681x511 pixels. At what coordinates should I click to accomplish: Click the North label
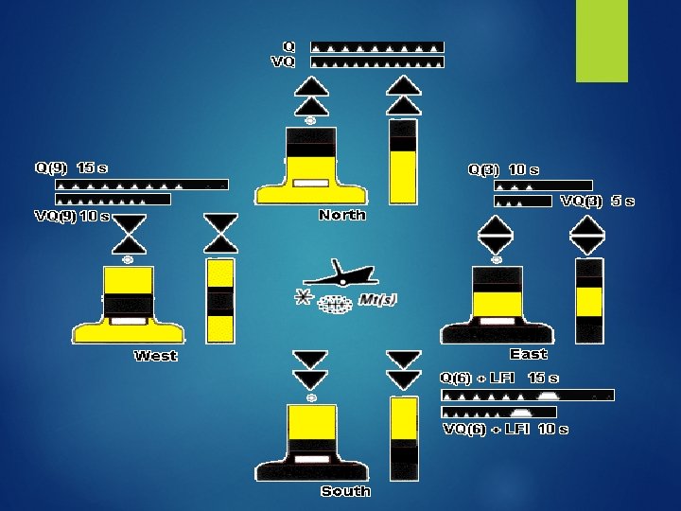point(342,216)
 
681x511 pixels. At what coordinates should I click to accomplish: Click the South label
point(345,491)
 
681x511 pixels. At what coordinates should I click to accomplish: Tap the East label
point(528,354)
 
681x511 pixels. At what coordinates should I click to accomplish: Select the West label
point(156,357)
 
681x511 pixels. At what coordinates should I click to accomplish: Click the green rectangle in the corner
point(602,41)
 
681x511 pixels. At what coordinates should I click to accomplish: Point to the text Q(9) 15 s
point(72,168)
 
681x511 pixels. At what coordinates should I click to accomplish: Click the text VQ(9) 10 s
point(73,217)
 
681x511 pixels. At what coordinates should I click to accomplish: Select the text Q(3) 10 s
point(504,170)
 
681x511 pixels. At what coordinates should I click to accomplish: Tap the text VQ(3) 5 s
point(597,202)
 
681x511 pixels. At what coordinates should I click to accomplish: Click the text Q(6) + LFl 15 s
point(500,379)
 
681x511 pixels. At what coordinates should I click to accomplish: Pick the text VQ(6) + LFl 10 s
point(506,430)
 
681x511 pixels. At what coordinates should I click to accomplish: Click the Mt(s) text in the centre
point(377,300)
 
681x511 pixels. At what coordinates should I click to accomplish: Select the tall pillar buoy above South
point(404,437)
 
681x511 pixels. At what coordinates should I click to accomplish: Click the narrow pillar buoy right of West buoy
point(221,300)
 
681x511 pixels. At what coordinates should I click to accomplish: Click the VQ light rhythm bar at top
point(377,62)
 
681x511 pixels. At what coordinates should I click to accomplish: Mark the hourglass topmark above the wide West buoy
point(129,233)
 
